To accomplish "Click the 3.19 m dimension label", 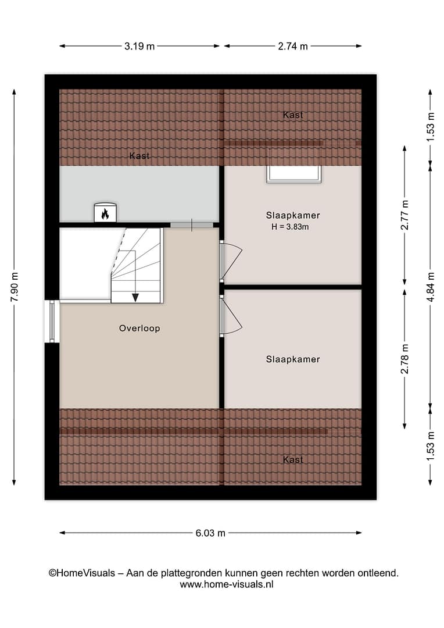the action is [x=139, y=46].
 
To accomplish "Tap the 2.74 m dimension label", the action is [x=293, y=46].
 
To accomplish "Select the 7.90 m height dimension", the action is [x=15, y=287].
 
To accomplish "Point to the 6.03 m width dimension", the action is [x=210, y=533].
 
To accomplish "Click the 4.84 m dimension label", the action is [x=431, y=287].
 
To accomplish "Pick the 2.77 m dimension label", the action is [x=404, y=215].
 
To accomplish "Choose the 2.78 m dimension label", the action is [x=404, y=358].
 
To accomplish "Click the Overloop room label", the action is [x=139, y=329].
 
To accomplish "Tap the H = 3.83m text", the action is [x=290, y=227].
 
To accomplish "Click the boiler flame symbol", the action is [x=105, y=214].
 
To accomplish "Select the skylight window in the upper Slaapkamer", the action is [x=294, y=173].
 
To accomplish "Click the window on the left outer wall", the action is [x=52, y=321].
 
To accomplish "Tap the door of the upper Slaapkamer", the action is [x=231, y=261].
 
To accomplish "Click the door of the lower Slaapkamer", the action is [x=231, y=316].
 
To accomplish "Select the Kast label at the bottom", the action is [x=293, y=460].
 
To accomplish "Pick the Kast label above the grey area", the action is [x=139, y=156].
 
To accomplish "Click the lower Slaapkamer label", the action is [x=293, y=359].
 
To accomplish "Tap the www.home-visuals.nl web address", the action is [x=227, y=584].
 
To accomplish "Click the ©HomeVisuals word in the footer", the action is [x=82, y=573].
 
